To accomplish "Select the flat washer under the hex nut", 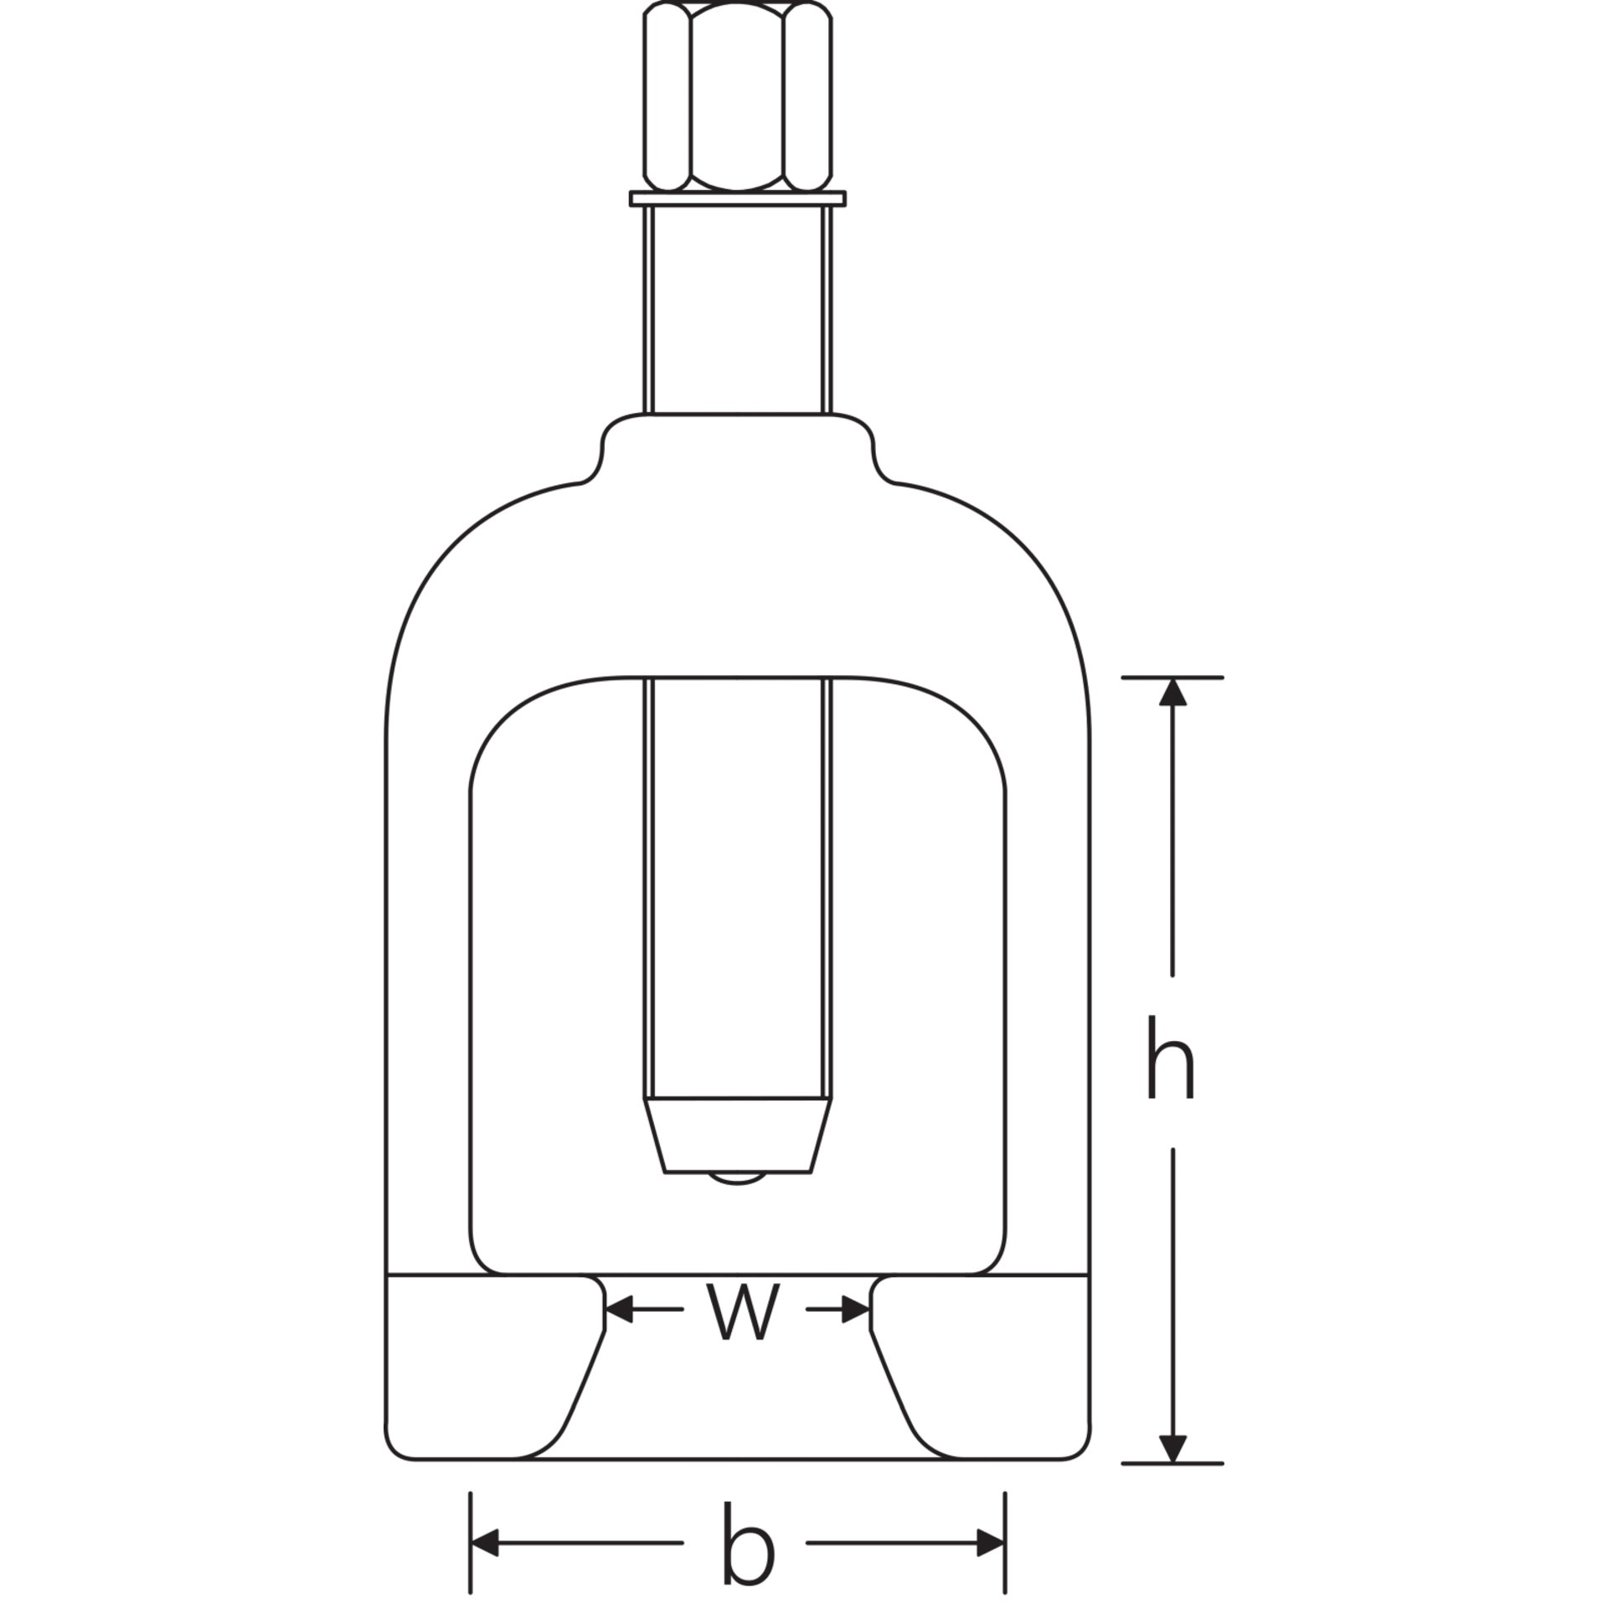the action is pos(738,198).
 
